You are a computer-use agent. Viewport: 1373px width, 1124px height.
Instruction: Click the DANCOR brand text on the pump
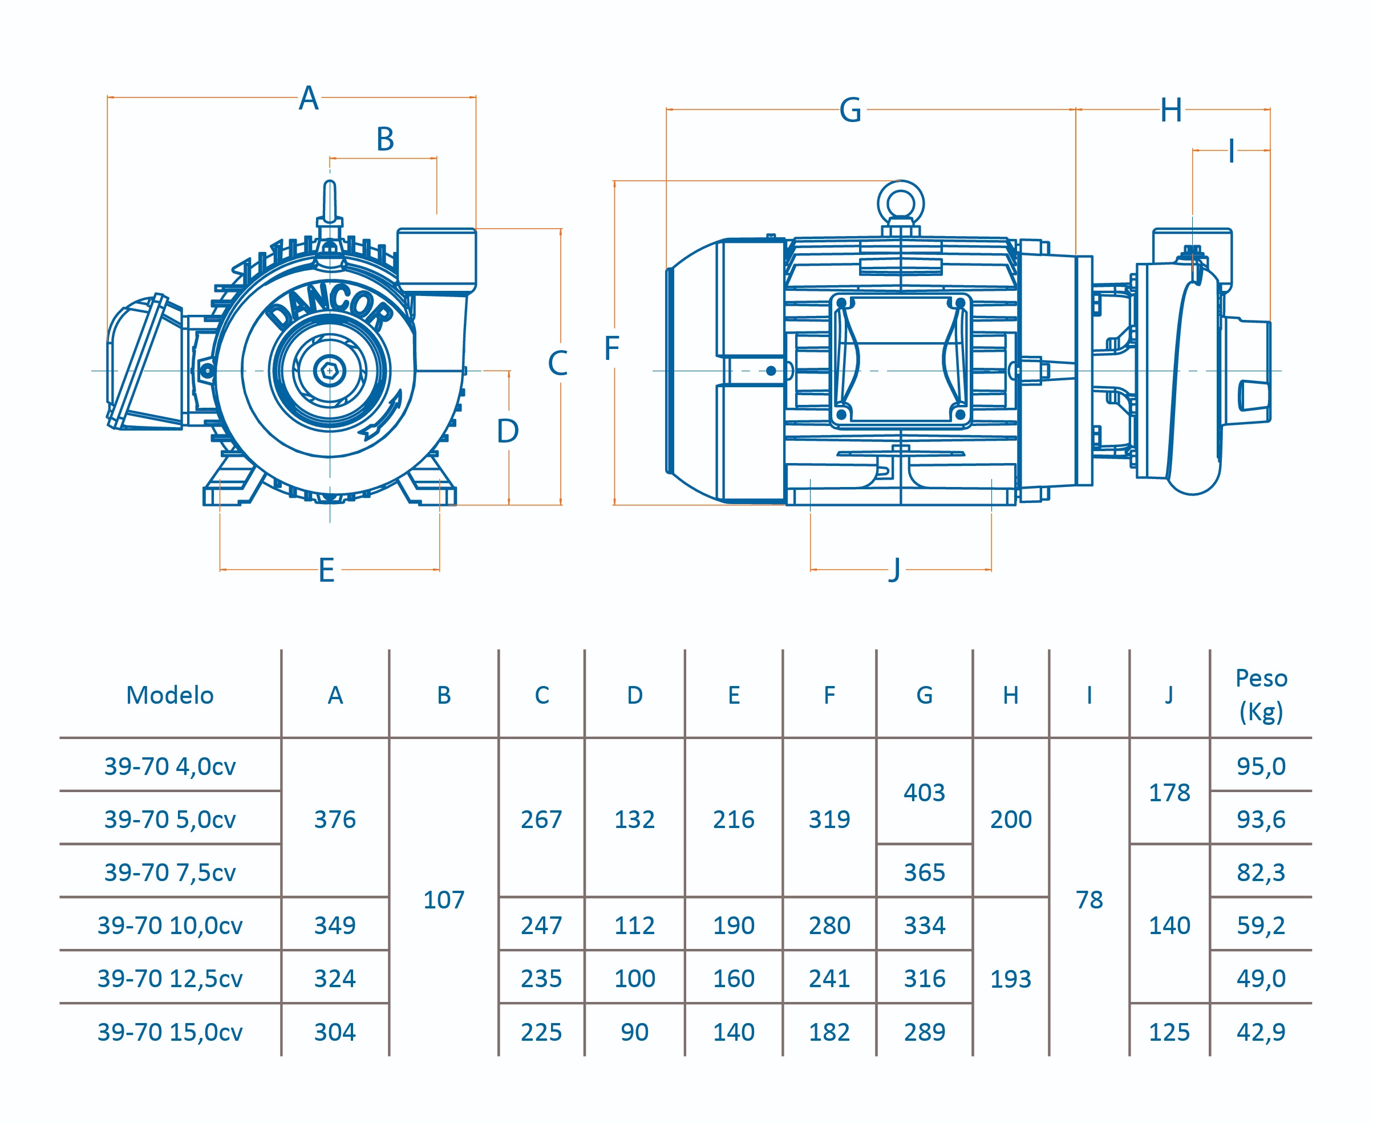330,306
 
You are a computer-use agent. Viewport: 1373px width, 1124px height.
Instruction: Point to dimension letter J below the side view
895,569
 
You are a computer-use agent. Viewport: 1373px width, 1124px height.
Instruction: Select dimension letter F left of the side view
611,348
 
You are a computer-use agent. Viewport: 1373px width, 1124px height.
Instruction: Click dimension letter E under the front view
326,570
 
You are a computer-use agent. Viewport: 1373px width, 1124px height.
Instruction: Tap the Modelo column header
169,695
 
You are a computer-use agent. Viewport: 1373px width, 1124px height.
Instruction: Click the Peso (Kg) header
1260,695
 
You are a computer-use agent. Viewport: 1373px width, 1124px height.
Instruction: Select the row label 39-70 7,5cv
169,872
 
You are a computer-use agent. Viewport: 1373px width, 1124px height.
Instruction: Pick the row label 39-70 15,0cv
169,1032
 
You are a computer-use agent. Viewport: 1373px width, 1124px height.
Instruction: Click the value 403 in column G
924,793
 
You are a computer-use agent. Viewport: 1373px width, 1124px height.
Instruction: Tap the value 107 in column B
444,899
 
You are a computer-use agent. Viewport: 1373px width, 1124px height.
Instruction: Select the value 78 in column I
1089,899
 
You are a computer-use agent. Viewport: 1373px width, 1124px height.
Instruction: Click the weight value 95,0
1260,766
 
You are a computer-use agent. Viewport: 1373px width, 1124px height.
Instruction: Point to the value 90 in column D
634,1032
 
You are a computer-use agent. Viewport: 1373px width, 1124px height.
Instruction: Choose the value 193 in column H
1010,979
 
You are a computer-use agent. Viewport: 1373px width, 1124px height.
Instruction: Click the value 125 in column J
1169,1032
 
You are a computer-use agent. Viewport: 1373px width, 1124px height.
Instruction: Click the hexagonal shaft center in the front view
329,370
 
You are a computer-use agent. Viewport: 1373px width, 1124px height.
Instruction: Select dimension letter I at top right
1231,152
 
